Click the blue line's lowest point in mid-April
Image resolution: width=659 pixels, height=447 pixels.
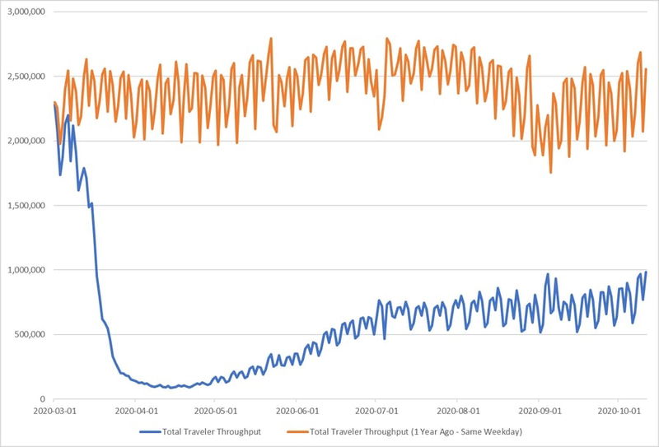(x=171, y=388)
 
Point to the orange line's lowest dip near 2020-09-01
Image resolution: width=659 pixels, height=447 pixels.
(x=551, y=172)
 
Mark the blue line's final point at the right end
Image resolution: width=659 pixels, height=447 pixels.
(x=646, y=272)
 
